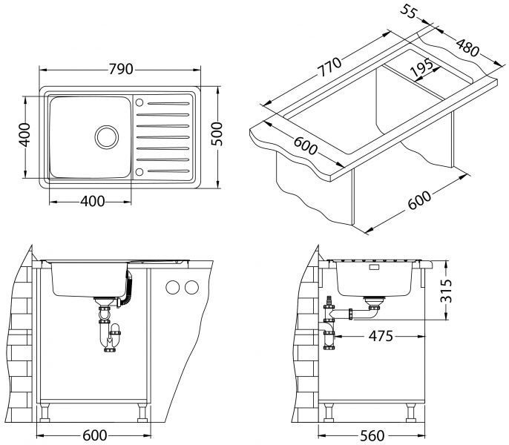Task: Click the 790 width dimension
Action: coord(120,70)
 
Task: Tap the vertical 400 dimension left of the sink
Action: coord(24,134)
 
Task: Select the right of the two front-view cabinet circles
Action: coord(192,289)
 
